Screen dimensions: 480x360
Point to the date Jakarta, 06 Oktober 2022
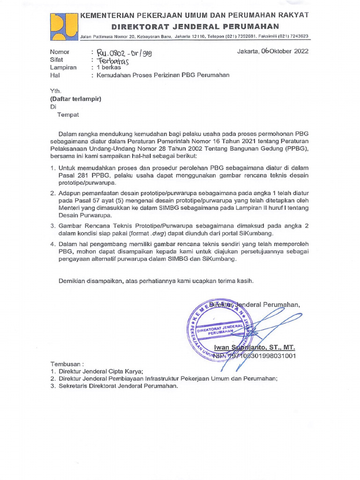272,52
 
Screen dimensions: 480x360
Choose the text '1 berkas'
108,67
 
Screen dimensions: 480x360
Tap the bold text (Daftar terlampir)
75,99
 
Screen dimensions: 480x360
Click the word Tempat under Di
68,114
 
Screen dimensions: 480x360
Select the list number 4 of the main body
52,244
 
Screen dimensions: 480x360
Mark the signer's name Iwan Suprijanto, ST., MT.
255,347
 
